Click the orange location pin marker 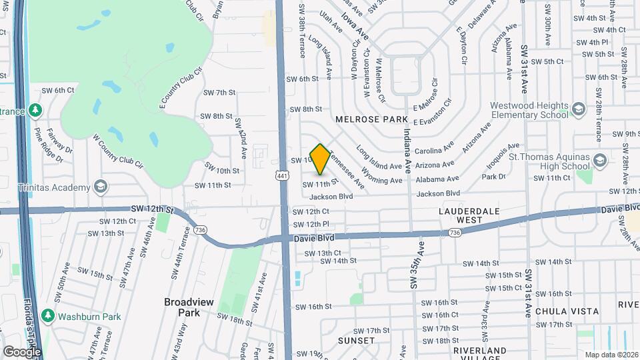click(320, 159)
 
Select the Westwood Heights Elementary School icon click(579, 107)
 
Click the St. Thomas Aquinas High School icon click(600, 161)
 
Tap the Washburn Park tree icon click(48, 315)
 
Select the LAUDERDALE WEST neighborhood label click(469, 215)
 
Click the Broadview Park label click(189, 307)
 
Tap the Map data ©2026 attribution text click(610, 355)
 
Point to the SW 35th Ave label click(417, 265)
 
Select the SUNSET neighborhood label click(356, 341)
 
